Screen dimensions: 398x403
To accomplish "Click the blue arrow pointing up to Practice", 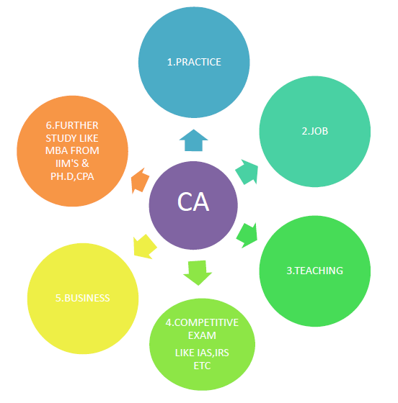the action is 194,140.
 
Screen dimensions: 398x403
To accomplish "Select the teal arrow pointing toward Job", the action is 247,172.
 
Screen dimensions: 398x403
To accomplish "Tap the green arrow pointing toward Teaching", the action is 247,235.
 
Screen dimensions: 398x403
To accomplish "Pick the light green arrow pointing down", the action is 198,273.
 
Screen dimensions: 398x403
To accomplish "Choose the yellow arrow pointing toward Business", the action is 144,246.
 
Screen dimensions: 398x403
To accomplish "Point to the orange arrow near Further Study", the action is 140,181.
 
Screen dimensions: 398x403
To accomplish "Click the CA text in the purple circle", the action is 193,202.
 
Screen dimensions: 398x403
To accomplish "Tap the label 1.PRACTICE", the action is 194,62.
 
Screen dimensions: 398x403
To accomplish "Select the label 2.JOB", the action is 315,131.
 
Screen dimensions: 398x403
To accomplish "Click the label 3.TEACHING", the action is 315,271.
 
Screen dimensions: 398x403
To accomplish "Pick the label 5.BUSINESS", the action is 83,298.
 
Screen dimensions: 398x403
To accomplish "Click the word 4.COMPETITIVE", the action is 202,322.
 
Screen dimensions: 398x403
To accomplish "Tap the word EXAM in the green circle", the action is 202,335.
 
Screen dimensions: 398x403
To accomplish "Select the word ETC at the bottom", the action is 202,366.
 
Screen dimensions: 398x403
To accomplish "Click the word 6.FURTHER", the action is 72,125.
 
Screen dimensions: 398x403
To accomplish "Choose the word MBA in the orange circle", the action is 56,150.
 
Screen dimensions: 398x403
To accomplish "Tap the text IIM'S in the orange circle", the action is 65,163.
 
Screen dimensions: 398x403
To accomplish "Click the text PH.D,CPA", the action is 72,176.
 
